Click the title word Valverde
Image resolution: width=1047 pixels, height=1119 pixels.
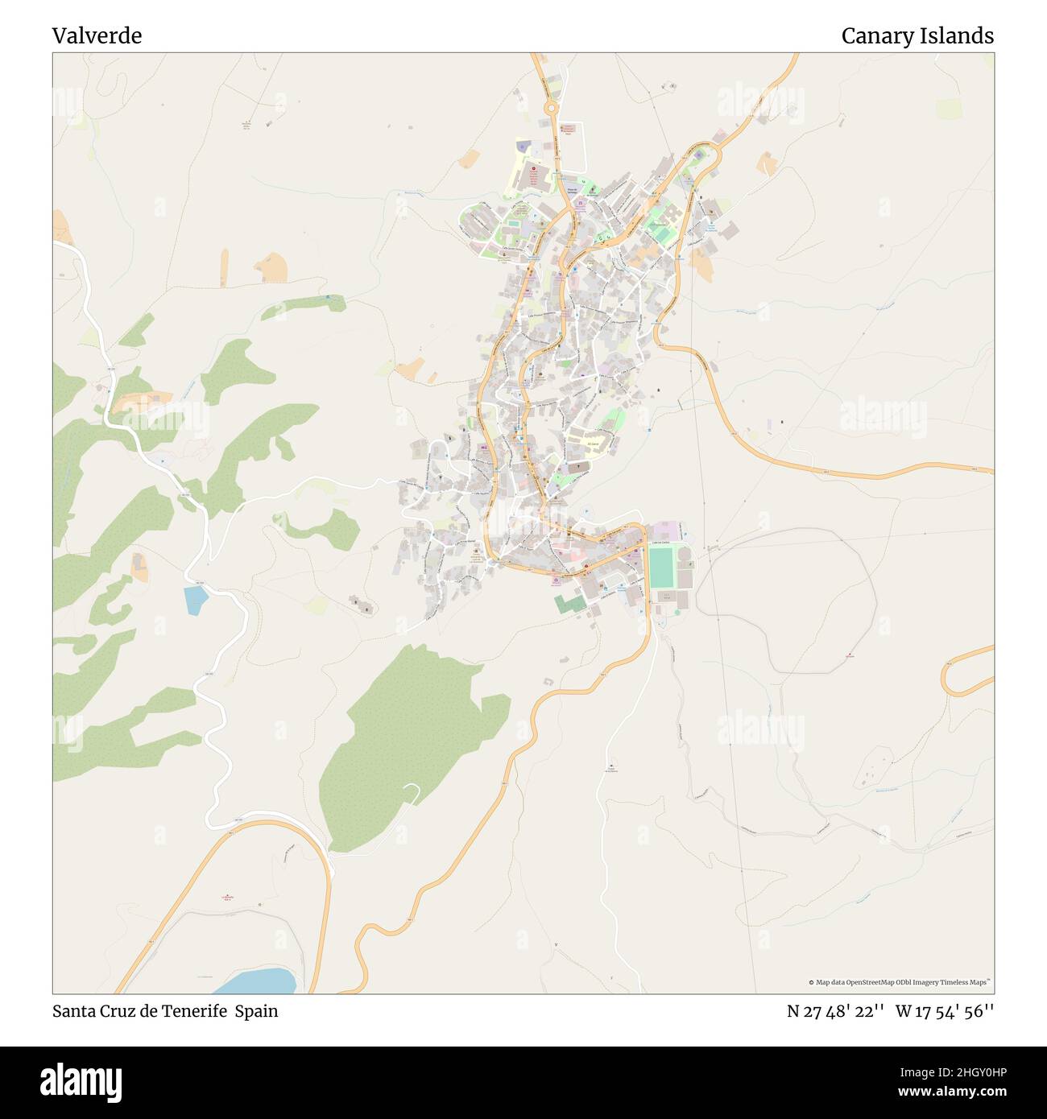97,35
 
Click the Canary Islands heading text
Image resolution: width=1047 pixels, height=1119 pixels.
917,35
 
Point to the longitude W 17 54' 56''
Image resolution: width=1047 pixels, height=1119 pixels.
945,1011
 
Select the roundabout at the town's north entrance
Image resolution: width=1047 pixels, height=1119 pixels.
551,107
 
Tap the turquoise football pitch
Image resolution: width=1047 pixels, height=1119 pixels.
660,567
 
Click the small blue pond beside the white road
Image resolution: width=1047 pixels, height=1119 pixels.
195,600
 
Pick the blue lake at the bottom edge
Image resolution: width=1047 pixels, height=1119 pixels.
258,982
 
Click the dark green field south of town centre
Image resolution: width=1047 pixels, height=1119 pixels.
567,603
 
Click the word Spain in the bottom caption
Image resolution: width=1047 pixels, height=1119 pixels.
256,1011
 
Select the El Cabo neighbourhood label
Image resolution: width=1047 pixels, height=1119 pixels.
594,443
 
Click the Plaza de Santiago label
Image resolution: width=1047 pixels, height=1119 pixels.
571,189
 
